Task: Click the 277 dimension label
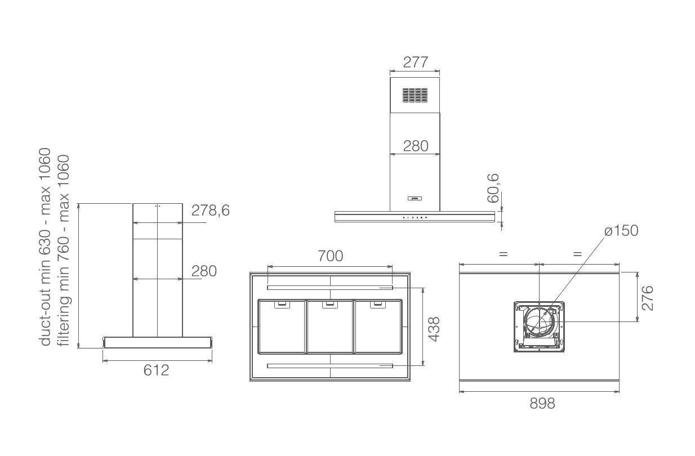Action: click(x=416, y=62)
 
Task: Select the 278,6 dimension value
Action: click(x=211, y=211)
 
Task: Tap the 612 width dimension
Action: click(x=157, y=370)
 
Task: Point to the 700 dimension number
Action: click(x=331, y=256)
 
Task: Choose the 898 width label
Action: click(x=542, y=404)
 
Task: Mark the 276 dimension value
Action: click(x=647, y=298)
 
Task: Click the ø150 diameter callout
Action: click(x=621, y=231)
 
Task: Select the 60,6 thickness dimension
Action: click(x=493, y=188)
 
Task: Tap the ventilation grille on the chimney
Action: click(x=415, y=95)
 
